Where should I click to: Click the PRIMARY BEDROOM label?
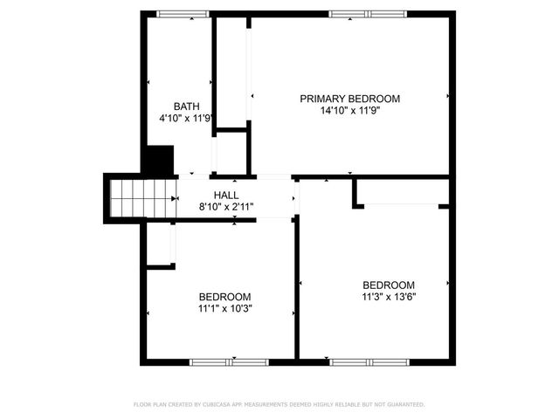click(349, 99)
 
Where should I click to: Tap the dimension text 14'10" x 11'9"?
click(349, 111)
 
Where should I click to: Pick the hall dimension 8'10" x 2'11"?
click(226, 207)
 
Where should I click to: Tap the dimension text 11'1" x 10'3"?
click(224, 308)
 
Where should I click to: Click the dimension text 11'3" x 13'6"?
click(389, 296)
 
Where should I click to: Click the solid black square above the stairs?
click(157, 160)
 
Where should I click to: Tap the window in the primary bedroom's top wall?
click(368, 13)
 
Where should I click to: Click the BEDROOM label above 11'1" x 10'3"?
click(224, 296)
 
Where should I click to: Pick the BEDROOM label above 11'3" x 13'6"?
click(389, 285)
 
